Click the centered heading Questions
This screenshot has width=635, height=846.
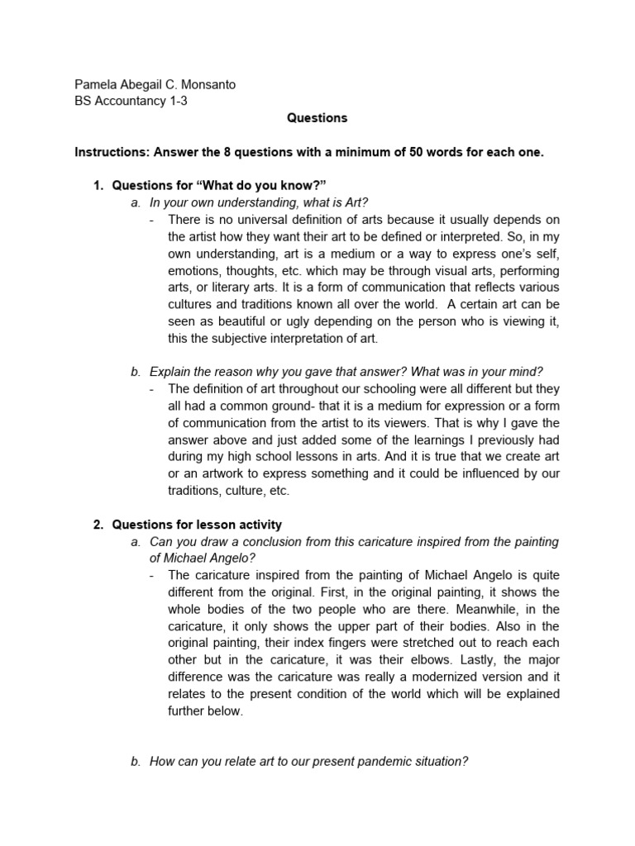pyautogui.click(x=317, y=118)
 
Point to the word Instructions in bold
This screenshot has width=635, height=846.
pyautogui.click(x=108, y=153)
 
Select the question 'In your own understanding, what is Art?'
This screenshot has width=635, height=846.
pyautogui.click(x=259, y=202)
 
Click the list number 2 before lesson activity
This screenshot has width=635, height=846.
pyautogui.click(x=96, y=525)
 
